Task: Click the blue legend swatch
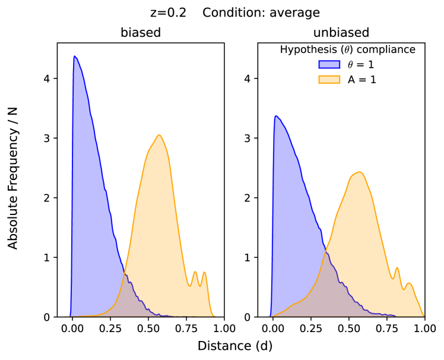coord(329,64)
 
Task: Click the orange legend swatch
coord(329,79)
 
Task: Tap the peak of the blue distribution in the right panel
coord(275,116)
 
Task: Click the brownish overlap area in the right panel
coord(326,291)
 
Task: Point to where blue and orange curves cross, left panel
coord(125,274)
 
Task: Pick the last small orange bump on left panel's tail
coord(204,272)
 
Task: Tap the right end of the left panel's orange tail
coord(215,316)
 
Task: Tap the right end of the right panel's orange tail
coord(424,316)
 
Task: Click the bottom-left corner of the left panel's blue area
coord(70,316)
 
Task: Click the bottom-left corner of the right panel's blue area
coord(270,316)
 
